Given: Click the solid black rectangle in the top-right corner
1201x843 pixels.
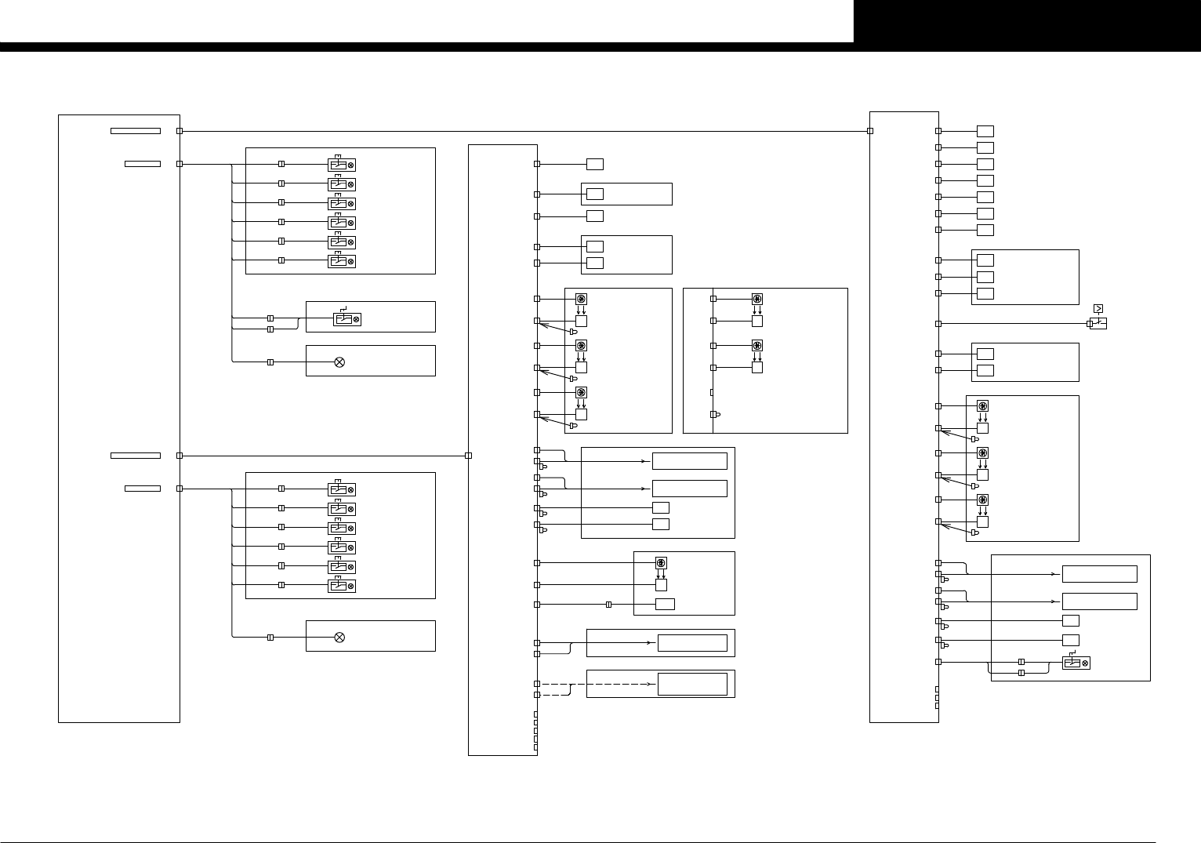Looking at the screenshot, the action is pos(1027,21).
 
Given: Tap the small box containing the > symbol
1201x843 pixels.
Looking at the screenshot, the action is pos(1098,309).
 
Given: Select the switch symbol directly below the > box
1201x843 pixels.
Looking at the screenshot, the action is pos(1098,323).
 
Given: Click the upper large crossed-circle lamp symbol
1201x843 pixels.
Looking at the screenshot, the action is pos(339,362).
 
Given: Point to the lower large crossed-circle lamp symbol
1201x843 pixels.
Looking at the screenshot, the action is pos(339,638).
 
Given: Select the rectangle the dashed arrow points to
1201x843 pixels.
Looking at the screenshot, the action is pos(692,684).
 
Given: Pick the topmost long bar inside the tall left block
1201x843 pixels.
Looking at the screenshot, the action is pos(136,131).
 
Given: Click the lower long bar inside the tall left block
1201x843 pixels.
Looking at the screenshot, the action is pos(136,456).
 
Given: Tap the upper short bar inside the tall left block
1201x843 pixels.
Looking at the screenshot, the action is pos(143,164).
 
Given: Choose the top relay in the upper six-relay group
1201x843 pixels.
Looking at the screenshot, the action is pos(342,165).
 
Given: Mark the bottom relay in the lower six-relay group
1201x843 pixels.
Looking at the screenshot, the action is pos(342,586).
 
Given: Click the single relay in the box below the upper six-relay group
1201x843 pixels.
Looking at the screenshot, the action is pos(347,319).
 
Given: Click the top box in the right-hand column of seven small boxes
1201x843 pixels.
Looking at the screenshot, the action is pos(985,131).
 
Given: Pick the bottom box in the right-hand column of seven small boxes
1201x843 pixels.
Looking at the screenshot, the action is pos(985,230).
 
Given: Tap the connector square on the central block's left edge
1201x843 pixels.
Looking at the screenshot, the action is pos(468,456).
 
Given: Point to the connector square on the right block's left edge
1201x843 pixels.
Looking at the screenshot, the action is pos(870,131).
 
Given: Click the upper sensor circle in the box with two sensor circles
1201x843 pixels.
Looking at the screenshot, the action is pos(757,299).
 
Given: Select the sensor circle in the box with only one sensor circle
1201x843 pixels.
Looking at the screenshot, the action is pos(660,563).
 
